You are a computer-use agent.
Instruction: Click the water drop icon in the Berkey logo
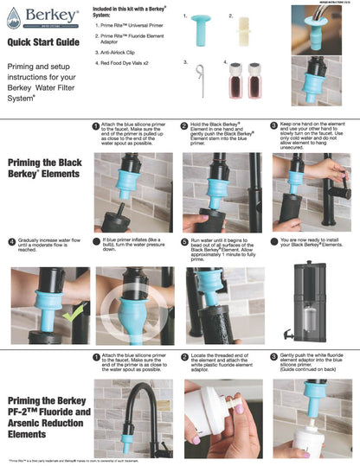[12, 16]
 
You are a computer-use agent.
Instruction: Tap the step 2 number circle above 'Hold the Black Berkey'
[184, 125]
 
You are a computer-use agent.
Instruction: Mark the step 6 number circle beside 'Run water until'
[184, 241]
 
